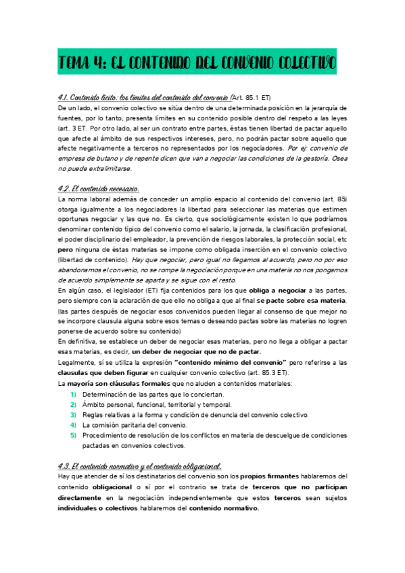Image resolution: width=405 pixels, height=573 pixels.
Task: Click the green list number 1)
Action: pyautogui.click(x=74, y=394)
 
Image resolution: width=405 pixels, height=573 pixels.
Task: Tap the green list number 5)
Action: pyautogui.click(x=74, y=436)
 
